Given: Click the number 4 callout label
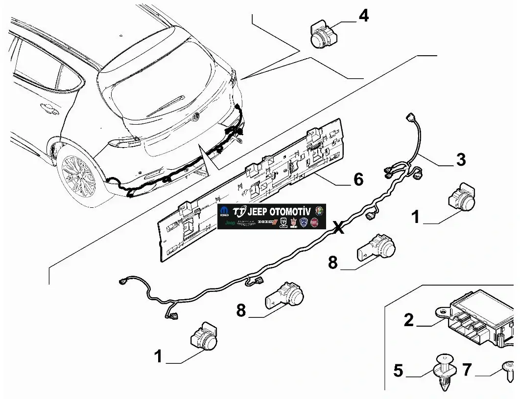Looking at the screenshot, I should click(x=363, y=16).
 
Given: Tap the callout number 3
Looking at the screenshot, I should click(x=460, y=160).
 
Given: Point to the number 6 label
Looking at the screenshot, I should click(x=358, y=179).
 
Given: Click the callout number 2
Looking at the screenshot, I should click(x=409, y=320).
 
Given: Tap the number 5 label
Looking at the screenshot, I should click(x=398, y=371).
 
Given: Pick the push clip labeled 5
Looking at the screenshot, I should click(x=445, y=371).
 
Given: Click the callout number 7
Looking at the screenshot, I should click(x=467, y=370).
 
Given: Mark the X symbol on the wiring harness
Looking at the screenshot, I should click(x=338, y=227).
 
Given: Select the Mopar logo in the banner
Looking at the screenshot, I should click(x=224, y=211).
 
